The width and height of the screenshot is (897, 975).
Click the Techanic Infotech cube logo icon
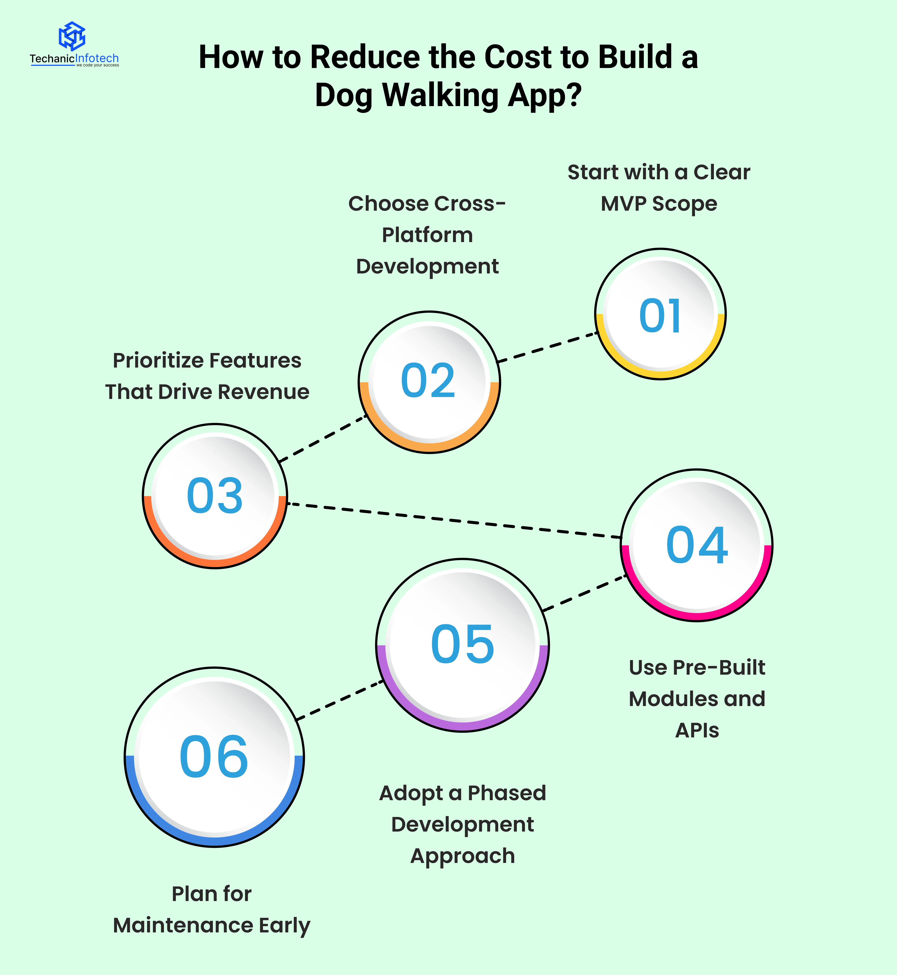point(72,36)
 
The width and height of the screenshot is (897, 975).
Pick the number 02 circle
point(429,382)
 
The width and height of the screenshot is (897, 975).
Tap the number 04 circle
point(696,545)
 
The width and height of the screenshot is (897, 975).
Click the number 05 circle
point(463,645)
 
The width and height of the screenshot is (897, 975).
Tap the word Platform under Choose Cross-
point(427,235)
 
